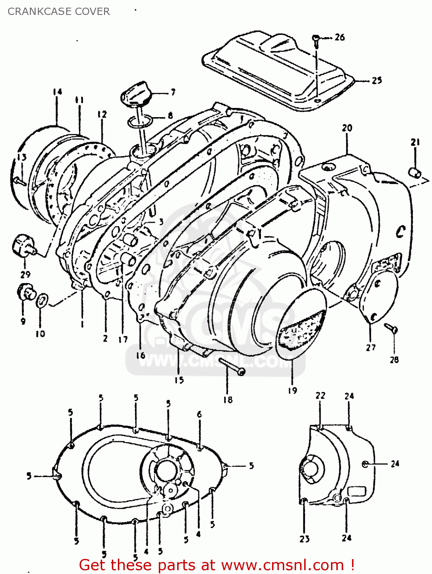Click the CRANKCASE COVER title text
(59, 11)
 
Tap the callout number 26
(339, 37)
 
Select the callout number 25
(377, 80)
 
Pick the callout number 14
(57, 92)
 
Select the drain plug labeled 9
(26, 293)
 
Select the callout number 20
(347, 128)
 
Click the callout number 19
(292, 390)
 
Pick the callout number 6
(199, 414)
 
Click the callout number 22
(320, 396)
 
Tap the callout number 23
(304, 539)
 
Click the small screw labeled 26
(316, 38)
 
